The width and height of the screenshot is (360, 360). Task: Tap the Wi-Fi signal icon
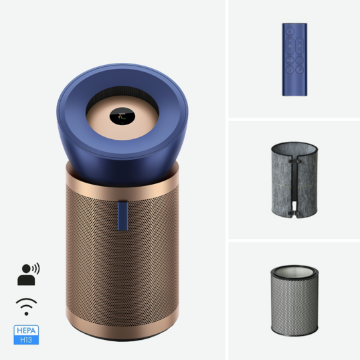[26, 305]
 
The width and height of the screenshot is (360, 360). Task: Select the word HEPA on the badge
[26, 331]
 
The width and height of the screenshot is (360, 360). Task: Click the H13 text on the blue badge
[26, 339]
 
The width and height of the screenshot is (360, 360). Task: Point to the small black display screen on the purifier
[122, 117]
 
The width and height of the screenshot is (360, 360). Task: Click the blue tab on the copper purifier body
[122, 215]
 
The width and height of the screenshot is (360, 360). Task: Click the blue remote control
[294, 60]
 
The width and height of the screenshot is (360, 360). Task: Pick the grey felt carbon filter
[294, 179]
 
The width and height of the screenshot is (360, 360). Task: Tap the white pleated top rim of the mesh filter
[294, 270]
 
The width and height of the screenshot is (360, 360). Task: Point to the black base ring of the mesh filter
[294, 332]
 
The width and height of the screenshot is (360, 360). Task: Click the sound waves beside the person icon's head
[35, 268]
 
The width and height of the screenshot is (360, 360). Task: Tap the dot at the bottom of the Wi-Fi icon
[26, 312]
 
